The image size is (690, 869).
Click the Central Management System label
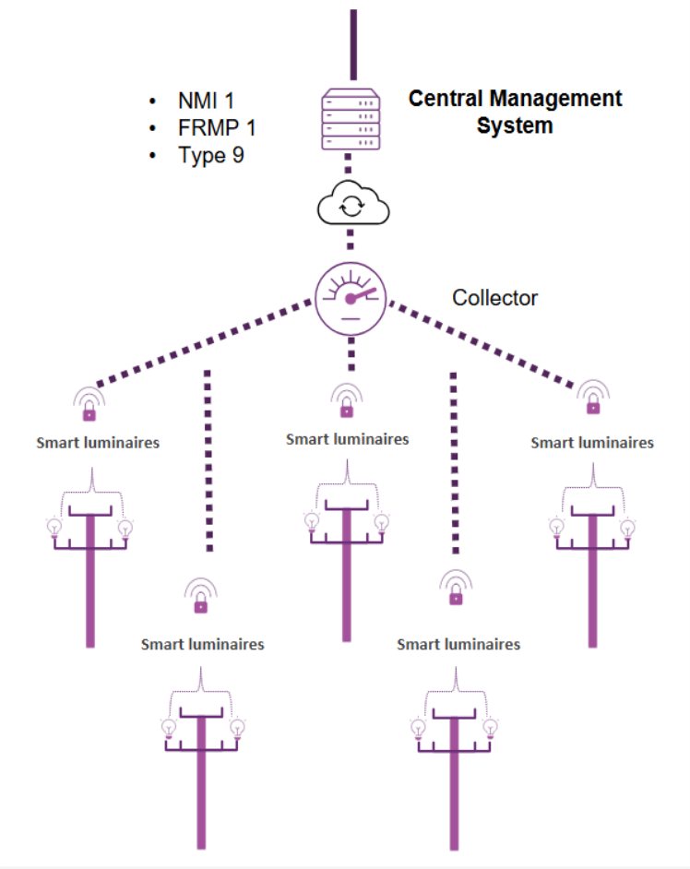[515, 112]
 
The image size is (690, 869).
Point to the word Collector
[494, 298]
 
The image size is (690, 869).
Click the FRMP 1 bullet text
[216, 128]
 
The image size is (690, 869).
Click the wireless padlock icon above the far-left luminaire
[89, 403]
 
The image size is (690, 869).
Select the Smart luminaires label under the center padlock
[347, 439]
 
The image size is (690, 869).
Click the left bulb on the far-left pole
[54, 529]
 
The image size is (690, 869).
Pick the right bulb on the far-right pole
[628, 529]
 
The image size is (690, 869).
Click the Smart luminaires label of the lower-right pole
[458, 644]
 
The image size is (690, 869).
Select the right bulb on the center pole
[382, 523]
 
